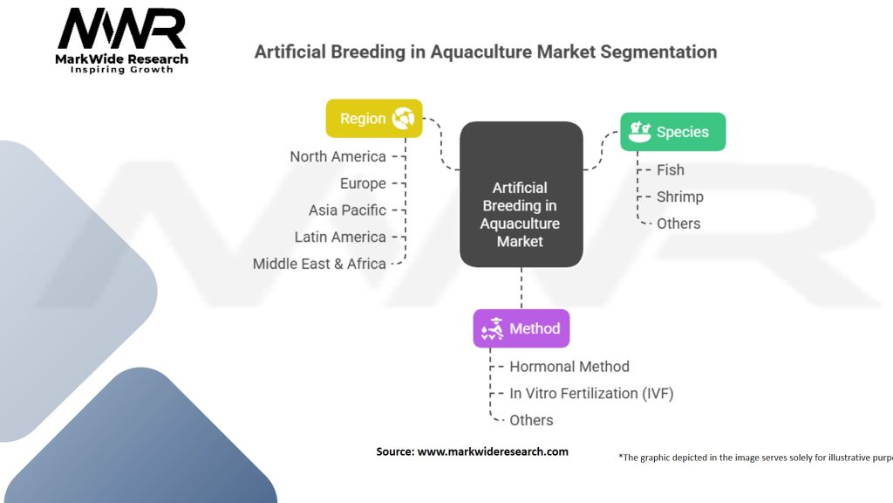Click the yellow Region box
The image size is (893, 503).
click(x=374, y=119)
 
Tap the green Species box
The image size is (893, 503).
click(x=672, y=132)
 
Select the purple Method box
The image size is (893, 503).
click(x=521, y=328)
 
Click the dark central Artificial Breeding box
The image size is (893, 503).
click(x=521, y=194)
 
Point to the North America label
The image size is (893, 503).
click(x=337, y=156)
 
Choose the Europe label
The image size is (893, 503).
click(x=363, y=183)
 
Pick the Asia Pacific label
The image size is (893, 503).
click(x=347, y=210)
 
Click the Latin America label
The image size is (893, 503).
click(x=340, y=237)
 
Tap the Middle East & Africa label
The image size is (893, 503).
click(x=319, y=264)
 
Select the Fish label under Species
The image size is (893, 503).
click(x=671, y=170)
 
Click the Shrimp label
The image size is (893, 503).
click(x=680, y=196)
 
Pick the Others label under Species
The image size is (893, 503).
click(x=678, y=224)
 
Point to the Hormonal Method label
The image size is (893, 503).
click(x=569, y=367)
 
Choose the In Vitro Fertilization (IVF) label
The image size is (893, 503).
click(x=591, y=394)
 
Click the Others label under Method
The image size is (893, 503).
click(x=531, y=420)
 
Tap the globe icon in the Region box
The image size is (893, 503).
click(x=403, y=118)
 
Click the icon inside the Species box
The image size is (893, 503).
click(x=639, y=132)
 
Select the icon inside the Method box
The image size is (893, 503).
click(x=492, y=329)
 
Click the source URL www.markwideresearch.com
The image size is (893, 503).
click(x=493, y=451)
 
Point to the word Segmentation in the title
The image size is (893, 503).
click(x=658, y=52)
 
